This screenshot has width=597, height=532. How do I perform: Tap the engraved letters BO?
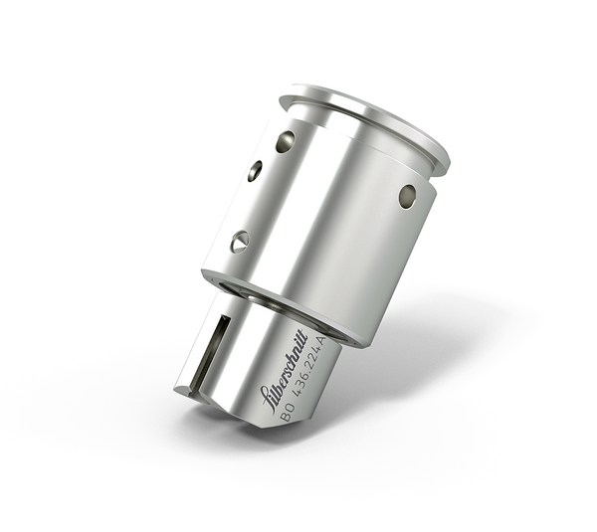286,414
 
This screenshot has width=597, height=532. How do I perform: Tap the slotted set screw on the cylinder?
240,241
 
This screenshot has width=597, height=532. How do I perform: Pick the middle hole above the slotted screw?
256,171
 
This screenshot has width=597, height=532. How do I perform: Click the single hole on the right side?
407,195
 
